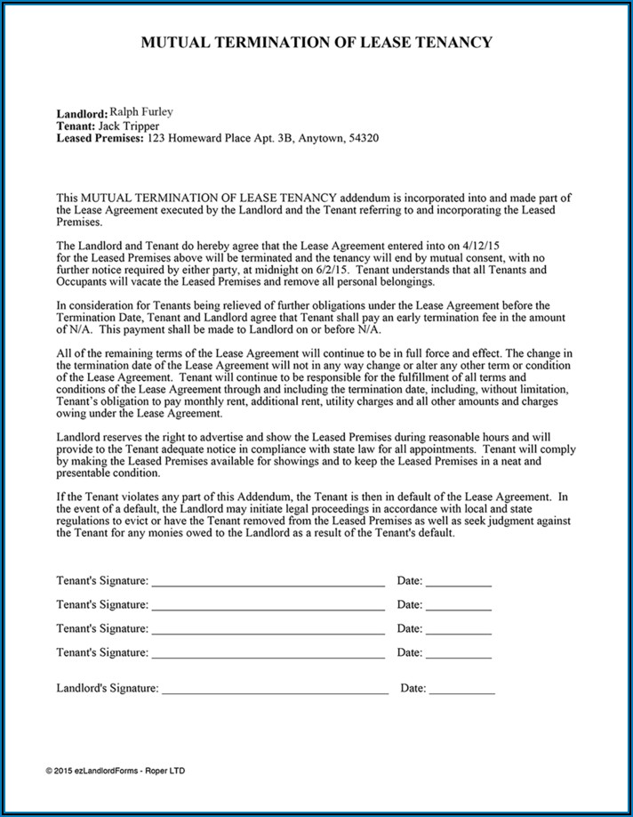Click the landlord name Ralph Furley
(140, 112)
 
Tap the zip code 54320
(363, 139)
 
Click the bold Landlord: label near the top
(82, 114)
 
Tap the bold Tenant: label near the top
(76, 126)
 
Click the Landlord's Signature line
(275, 692)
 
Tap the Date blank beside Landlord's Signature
(462, 692)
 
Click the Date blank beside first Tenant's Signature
(458, 585)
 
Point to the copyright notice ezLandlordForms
(116, 771)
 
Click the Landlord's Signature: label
(108, 688)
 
